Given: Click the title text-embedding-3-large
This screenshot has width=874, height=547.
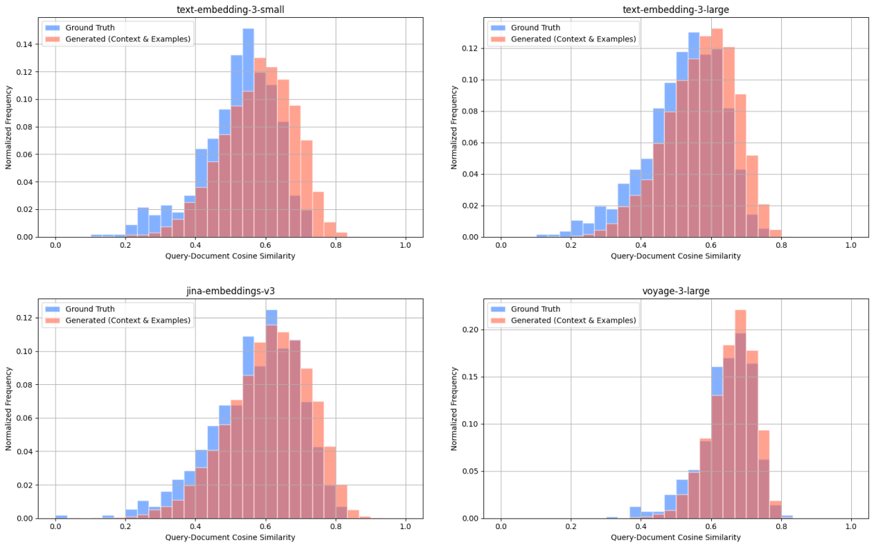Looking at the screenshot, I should click(x=675, y=9).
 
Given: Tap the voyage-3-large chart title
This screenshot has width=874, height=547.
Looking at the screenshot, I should click(x=675, y=291).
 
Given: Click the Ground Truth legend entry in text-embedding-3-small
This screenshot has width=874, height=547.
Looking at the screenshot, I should click(x=89, y=27).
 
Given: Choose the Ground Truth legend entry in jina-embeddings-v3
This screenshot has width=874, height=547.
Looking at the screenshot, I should click(x=89, y=309).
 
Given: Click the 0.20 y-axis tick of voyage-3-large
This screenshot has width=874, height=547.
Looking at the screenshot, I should click(x=471, y=330).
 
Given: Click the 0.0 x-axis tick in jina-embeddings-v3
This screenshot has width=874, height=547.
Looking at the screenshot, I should click(x=55, y=526).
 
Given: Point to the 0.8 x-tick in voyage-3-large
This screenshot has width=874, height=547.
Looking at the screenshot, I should click(x=781, y=526).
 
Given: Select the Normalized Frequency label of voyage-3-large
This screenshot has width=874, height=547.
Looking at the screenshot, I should click(x=454, y=408).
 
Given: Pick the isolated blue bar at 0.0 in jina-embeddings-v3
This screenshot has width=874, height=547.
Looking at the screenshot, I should click(x=61, y=516).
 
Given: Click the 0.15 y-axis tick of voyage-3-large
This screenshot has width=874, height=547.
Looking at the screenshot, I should click(x=471, y=377).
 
